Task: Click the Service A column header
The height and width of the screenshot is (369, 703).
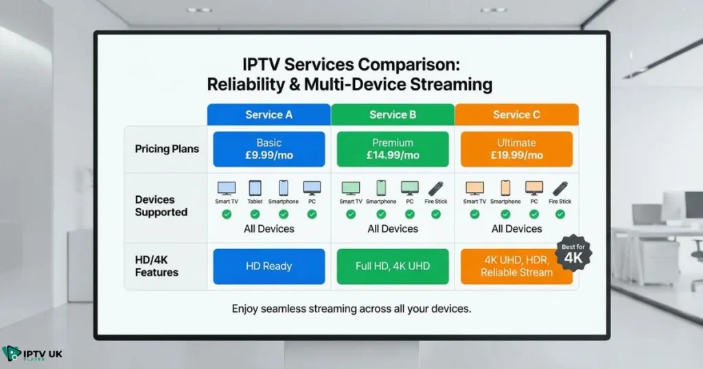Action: [268, 115]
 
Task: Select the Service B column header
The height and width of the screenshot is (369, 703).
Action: [392, 115]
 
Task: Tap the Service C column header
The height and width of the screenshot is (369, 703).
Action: [516, 115]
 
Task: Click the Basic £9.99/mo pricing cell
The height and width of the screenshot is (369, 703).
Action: [268, 149]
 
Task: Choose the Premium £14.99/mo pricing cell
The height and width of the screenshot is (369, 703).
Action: [392, 149]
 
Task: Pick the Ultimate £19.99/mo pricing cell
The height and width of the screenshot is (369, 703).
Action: [516, 149]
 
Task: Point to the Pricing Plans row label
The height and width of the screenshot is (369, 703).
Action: [166, 149]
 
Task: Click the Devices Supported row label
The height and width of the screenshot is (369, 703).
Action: [161, 206]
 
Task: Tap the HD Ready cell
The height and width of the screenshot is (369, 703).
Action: [268, 266]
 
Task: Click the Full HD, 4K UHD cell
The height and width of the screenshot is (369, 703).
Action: [392, 266]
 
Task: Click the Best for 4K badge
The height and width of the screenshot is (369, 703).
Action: [573, 254]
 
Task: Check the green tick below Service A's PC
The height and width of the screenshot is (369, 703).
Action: [312, 214]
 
